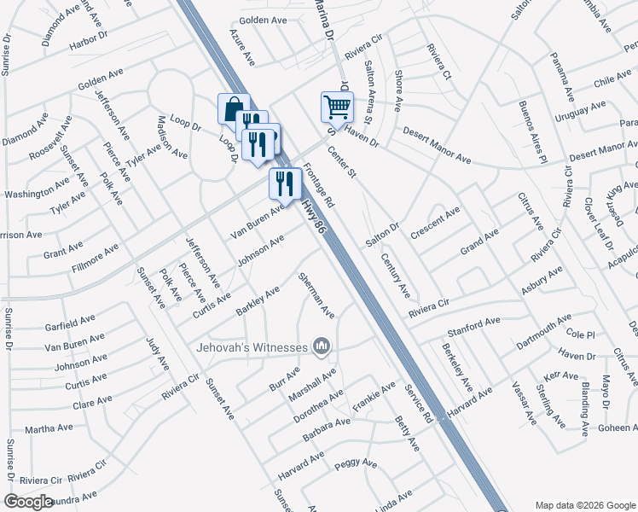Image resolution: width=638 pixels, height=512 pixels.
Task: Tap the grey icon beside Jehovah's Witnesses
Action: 322,346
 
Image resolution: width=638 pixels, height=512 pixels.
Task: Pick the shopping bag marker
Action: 234,109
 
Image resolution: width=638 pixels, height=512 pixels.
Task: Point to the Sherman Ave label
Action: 316,295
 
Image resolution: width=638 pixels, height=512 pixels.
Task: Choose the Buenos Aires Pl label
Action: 531,132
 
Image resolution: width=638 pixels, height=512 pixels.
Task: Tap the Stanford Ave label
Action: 473,327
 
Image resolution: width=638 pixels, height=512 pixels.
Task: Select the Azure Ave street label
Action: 242,47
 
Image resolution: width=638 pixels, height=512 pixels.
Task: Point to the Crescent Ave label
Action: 435,224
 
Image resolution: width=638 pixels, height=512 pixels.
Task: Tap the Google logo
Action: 28,502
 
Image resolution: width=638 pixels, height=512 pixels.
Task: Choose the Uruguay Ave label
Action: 580,111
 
